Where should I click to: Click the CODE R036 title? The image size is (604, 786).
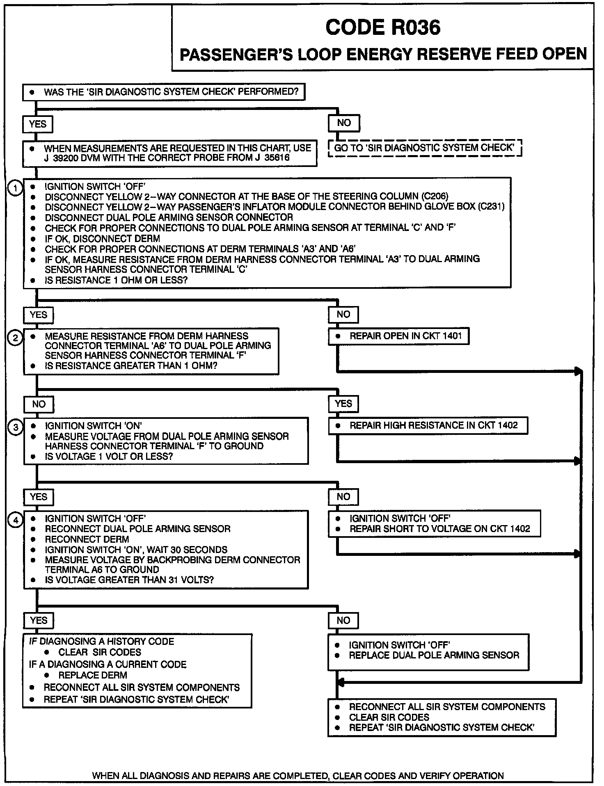coord(382,28)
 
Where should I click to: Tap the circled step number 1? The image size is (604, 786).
coord(15,189)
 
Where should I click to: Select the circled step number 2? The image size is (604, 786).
coord(15,338)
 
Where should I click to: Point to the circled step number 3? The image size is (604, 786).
coord(15,427)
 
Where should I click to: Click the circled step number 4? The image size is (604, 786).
coord(15,521)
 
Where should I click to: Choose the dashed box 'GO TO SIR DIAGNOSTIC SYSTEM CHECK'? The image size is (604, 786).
coord(425,148)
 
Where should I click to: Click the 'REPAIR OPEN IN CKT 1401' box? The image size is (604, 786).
coord(398,336)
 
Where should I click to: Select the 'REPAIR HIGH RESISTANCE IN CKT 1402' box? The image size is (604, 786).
coord(428,425)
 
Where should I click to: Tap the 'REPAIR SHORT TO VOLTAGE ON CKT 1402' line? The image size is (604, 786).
coord(439,529)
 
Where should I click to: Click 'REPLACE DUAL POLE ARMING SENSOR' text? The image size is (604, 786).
coord(434,655)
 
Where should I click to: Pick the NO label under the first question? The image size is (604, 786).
coord(344,123)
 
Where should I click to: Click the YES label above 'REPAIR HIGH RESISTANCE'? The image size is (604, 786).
coord(343,404)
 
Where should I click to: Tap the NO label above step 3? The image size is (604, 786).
coord(39,404)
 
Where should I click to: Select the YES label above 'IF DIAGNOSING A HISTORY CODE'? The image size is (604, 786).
coord(39,620)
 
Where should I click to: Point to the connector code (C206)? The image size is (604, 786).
coord(435,196)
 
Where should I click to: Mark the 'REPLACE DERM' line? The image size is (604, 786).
coord(92,675)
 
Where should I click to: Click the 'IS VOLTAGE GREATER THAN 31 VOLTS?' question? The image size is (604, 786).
coord(129,580)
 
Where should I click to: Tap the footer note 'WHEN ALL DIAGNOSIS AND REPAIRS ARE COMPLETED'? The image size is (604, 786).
coord(298,776)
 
